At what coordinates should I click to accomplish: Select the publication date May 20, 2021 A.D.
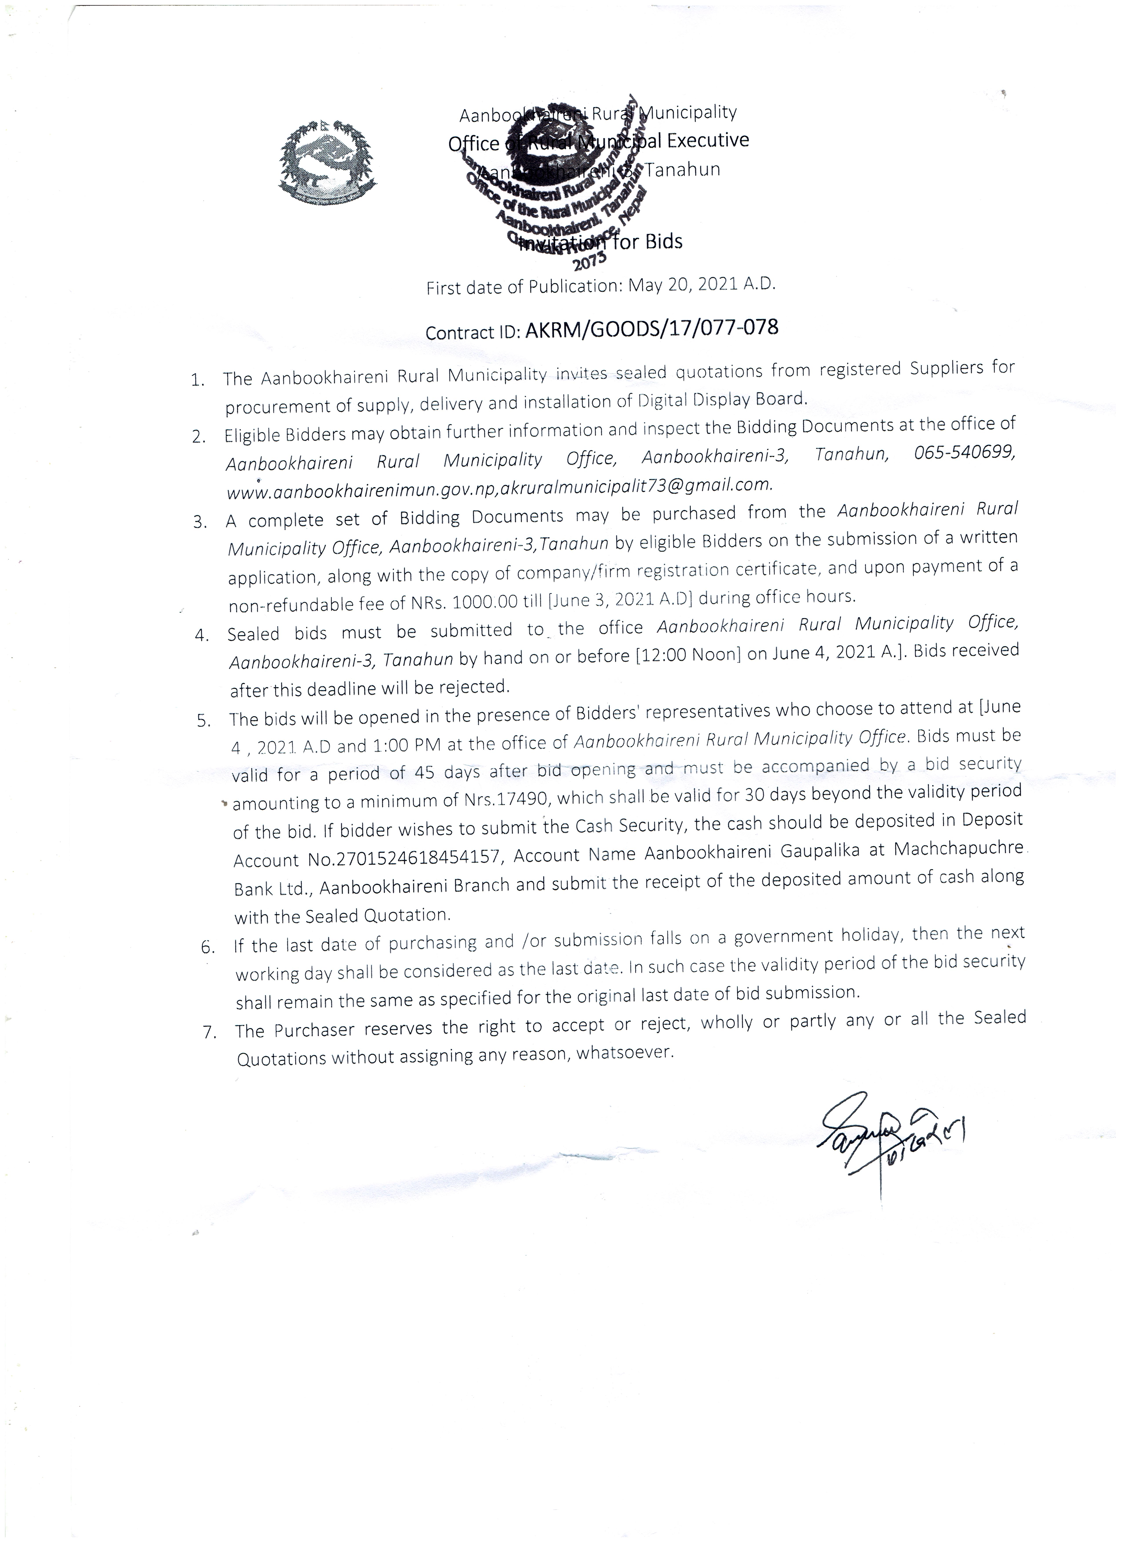pos(701,285)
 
